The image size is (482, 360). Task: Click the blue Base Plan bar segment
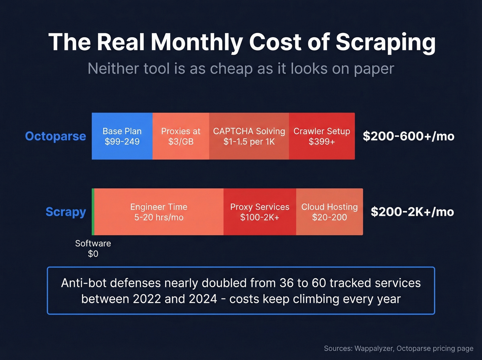tap(122, 136)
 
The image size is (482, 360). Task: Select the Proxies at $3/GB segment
tap(181, 136)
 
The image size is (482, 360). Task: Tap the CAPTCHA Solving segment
tap(249, 136)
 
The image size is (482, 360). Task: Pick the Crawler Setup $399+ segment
tap(322, 136)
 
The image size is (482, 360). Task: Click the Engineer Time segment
tap(159, 212)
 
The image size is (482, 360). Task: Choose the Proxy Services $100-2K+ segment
tap(260, 212)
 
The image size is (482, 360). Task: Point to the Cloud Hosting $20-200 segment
tap(329, 212)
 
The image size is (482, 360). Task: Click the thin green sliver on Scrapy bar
tap(93, 212)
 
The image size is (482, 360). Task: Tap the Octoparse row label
tap(55, 136)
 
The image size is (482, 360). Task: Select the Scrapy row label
tap(66, 212)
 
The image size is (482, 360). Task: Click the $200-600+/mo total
tap(408, 136)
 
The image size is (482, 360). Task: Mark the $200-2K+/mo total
tap(412, 212)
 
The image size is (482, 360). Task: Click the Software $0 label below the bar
tap(93, 248)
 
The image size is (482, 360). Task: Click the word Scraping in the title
tap(386, 42)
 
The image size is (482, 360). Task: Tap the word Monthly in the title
tap(197, 42)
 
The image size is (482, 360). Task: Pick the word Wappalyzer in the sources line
tap(374, 348)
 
